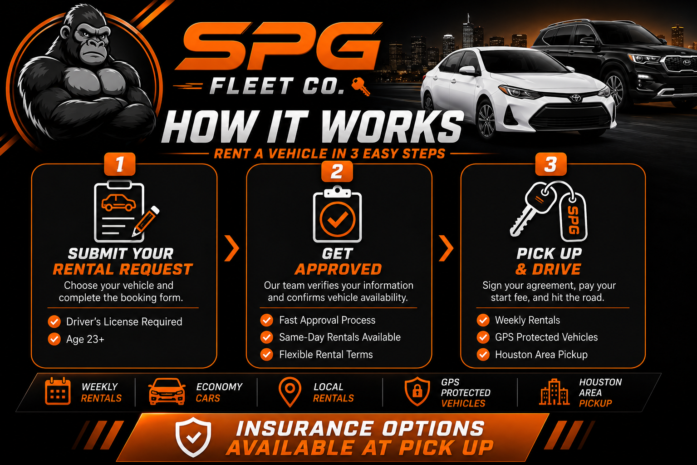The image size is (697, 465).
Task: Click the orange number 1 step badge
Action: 120,164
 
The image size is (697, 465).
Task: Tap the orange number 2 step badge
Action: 337,171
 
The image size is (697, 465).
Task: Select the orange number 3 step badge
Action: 551,164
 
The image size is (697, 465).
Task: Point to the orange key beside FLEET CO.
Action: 361,86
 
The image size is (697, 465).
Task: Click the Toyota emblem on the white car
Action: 576,98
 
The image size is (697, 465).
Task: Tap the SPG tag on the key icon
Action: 573,217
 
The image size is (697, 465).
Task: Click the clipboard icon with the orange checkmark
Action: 337,214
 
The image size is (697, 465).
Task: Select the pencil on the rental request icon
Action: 145,221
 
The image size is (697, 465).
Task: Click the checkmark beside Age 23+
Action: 54,339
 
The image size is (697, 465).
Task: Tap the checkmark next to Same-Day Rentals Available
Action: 267,337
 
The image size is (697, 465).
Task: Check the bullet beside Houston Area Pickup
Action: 483,355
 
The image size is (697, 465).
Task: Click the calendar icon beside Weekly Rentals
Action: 58,391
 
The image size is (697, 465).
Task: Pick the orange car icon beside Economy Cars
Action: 167,391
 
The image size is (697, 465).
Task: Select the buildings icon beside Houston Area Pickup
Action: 554,392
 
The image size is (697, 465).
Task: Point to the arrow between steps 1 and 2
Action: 232,248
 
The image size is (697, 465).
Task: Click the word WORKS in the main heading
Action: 393,127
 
